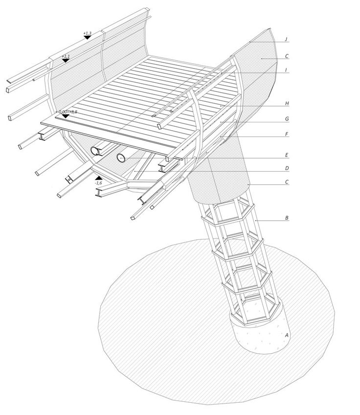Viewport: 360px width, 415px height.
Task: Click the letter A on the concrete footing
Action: click(x=287, y=335)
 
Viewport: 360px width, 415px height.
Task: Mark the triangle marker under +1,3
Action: click(x=87, y=37)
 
